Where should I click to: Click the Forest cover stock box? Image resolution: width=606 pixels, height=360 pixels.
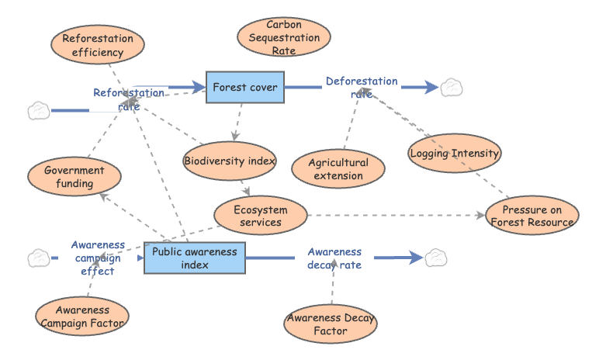coord(245,87)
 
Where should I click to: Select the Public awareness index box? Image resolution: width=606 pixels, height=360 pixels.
coord(195,258)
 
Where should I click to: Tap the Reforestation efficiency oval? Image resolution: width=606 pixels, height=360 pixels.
coord(98,46)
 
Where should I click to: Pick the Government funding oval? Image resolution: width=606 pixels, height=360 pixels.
coord(74,177)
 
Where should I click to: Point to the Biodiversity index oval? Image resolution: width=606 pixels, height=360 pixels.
coord(230,161)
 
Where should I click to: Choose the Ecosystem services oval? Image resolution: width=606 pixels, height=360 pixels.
coord(261,216)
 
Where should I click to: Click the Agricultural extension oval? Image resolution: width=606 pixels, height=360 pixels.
coord(338,169)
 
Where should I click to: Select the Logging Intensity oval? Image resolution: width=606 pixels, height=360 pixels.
coord(454,153)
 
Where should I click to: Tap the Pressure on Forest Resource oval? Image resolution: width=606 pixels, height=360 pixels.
coord(532,216)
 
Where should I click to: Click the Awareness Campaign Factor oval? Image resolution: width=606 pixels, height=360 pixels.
coord(82,316)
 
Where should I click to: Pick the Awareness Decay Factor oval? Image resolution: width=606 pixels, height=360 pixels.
coord(331,324)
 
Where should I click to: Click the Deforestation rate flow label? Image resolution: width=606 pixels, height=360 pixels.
coord(362,87)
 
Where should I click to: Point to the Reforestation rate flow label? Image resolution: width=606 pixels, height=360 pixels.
coord(129,99)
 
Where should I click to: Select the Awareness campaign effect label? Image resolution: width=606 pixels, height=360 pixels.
coord(98,258)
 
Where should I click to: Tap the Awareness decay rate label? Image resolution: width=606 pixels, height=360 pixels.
coord(334,258)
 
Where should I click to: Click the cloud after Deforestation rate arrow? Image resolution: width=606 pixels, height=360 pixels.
coord(451,88)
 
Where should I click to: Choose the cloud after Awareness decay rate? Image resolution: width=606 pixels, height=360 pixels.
coord(435,258)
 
